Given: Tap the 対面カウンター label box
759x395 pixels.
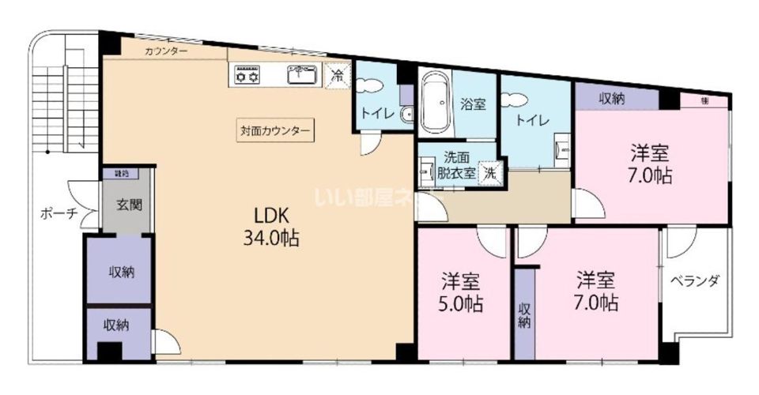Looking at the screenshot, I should click(x=276, y=130).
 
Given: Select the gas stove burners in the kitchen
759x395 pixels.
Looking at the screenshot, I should click(x=245, y=77).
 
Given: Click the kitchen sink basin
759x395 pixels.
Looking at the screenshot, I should click(x=301, y=77).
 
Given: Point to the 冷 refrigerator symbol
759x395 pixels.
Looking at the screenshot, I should click(x=338, y=76).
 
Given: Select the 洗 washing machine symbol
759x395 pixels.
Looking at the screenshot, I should click(x=491, y=173).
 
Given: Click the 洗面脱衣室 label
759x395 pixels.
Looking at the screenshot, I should click(x=456, y=165).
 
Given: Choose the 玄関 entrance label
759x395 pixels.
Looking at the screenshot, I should click(x=130, y=205).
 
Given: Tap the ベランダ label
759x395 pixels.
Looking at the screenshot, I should click(x=695, y=280).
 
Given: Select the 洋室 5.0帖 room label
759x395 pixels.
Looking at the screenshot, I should click(x=463, y=292).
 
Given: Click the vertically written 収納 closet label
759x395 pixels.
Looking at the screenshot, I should click(x=524, y=315).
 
